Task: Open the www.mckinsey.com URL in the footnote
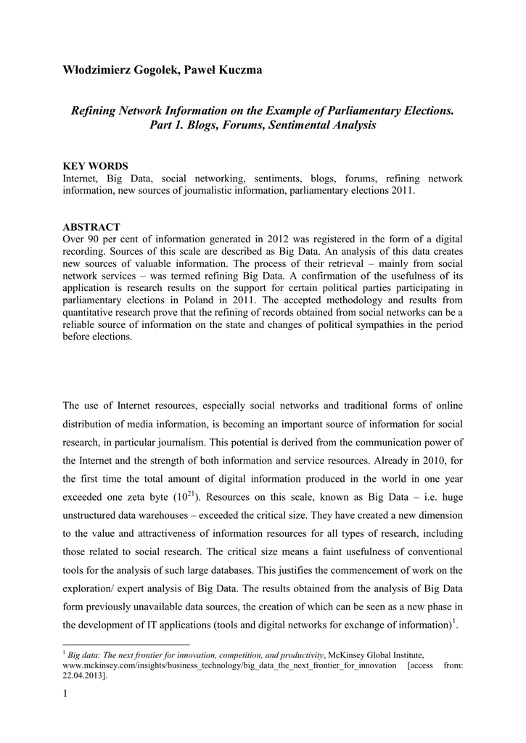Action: (230, 665)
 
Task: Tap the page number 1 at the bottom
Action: (65, 698)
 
